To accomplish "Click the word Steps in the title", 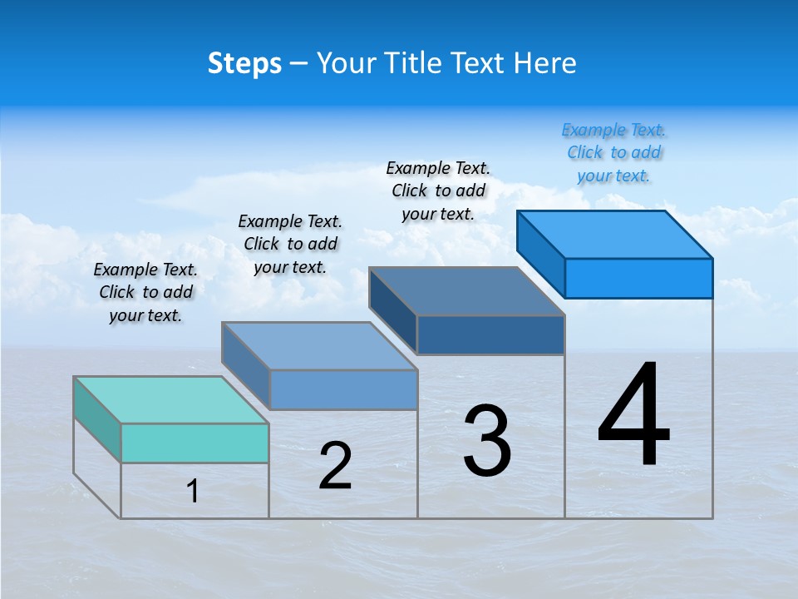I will coord(244,63).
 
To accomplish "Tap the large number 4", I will coord(634,415).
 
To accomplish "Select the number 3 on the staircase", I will coord(487,441).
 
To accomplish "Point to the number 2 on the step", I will coord(336,466).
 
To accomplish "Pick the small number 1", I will coord(193,491).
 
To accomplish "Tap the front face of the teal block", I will coord(195,443).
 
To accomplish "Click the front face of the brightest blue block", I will coord(638,278).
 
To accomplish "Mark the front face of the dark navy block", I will coord(490,334).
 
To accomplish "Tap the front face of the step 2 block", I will coord(343,389).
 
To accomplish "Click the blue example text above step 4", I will coord(613,152).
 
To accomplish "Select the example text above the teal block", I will coord(145,292).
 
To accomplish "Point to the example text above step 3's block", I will coord(438,191).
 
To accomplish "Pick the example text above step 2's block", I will coord(290,244).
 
